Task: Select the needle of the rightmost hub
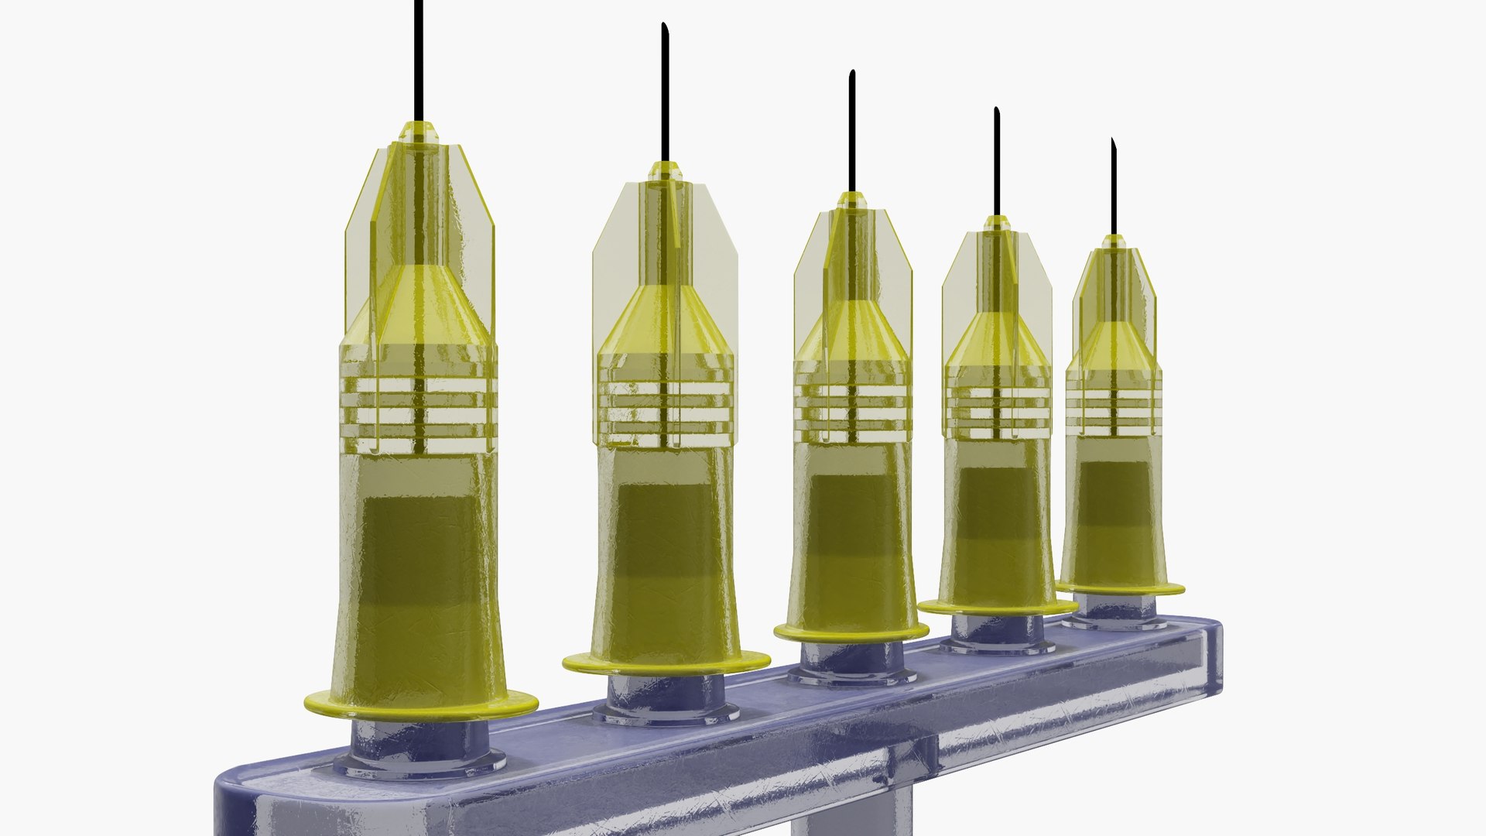1114,186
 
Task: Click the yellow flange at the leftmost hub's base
420,705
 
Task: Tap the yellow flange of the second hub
666,663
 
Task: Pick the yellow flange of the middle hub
851,632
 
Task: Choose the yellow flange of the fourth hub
996,608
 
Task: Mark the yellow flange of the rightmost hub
1120,589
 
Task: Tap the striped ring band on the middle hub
851,403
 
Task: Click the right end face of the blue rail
1212,658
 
